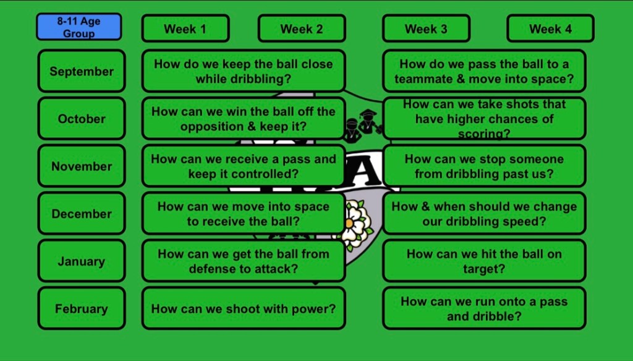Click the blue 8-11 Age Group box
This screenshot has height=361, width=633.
79,27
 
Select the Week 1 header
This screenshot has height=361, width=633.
185,28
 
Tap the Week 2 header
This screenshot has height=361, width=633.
302,28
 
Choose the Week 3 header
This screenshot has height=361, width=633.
426,28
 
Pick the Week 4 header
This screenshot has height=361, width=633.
550,28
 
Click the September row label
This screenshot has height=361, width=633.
82,71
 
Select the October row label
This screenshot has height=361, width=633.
82,119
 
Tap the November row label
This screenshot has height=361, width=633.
82,166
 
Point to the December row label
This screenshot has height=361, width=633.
82,214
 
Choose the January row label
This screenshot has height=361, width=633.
82,261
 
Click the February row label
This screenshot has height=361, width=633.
82,308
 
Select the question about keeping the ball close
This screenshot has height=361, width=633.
244,71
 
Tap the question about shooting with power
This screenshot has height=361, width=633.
244,308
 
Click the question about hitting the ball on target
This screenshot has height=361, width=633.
484,261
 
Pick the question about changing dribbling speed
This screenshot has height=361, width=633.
484,214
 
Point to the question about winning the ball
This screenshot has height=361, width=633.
244,119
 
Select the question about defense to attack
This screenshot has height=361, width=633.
244,261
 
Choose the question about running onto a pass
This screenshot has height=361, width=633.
484,308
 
